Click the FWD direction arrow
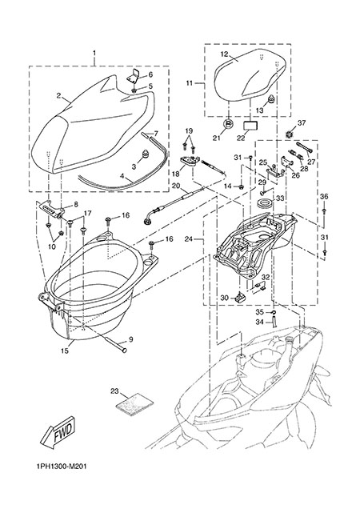click(58, 432)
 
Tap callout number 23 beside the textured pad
click(114, 391)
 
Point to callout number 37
click(302, 123)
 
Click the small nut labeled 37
click(289, 134)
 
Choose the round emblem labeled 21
click(229, 124)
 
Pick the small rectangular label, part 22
click(250, 126)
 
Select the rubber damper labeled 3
click(145, 154)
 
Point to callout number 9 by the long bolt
click(130, 339)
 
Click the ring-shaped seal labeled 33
click(265, 204)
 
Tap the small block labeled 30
click(241, 296)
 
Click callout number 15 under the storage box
click(65, 351)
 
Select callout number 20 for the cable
click(176, 186)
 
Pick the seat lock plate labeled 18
click(190, 162)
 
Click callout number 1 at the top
click(94, 53)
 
